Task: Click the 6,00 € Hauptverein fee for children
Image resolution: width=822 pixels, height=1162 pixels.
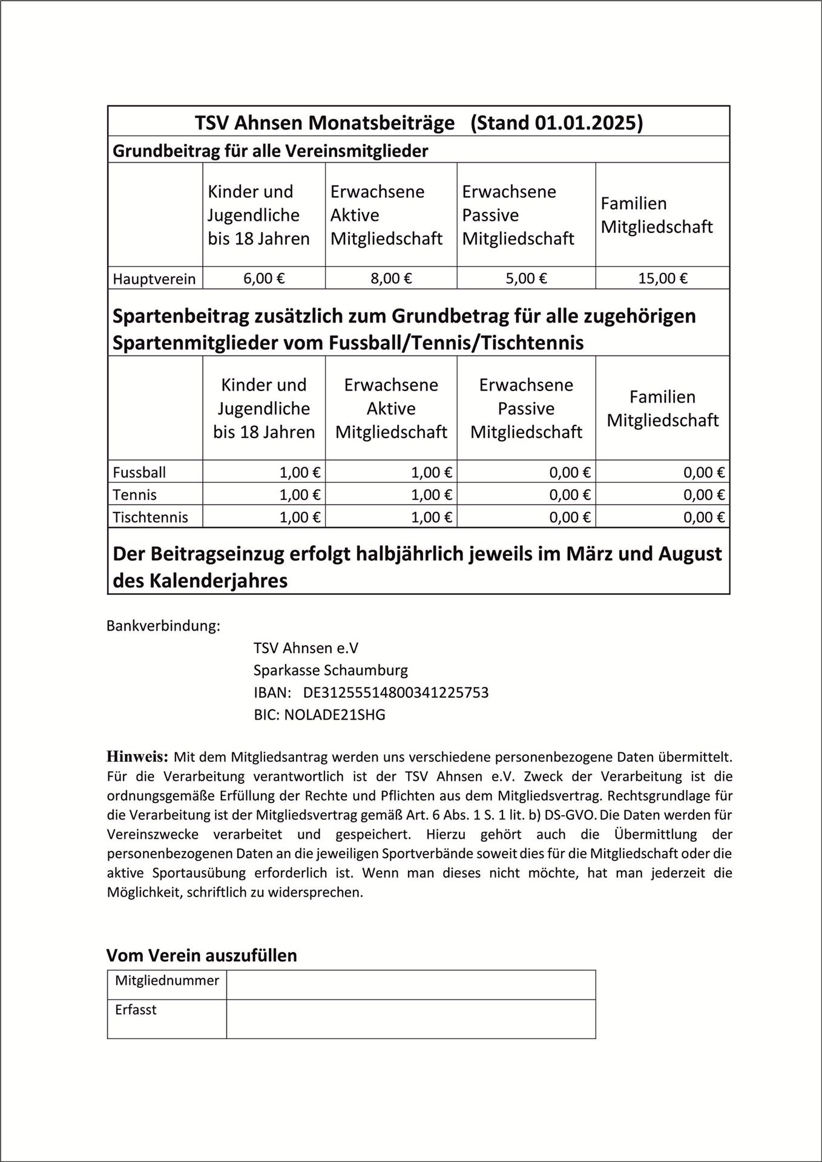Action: coord(264,278)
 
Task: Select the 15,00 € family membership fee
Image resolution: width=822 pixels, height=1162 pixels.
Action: coord(662,278)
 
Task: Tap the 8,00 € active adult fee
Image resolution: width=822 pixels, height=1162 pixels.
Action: coord(391,278)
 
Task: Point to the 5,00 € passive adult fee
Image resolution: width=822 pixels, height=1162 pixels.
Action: coord(526,278)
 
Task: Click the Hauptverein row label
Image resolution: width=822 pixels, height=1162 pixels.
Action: coord(154,279)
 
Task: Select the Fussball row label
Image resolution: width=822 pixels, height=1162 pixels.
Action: coord(139,472)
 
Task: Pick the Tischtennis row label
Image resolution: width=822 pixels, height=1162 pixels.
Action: coord(150,517)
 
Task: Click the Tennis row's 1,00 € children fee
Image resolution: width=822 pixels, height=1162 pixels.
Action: coord(300,494)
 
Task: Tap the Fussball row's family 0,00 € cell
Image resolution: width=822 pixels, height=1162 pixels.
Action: coord(704,472)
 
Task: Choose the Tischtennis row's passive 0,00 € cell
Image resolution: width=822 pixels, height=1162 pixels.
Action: coord(570,517)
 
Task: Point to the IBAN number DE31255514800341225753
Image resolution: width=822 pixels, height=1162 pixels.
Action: coord(396,692)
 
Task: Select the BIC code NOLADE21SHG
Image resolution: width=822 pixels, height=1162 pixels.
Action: coord(334,715)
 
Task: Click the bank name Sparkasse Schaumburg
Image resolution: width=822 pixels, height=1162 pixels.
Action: coord(330,670)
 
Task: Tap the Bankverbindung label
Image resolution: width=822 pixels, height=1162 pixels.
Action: coord(163,626)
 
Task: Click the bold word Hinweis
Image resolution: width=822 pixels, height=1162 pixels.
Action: coord(137,756)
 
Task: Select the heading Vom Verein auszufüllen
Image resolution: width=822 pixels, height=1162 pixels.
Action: coord(202,955)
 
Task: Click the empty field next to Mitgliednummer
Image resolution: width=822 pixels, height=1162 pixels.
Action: coord(410,985)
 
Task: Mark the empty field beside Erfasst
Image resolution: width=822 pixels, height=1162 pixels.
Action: coord(410,1019)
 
